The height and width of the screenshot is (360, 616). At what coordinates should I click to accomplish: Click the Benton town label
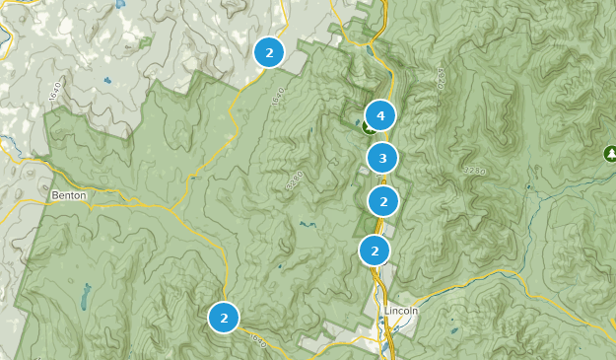click(x=69, y=195)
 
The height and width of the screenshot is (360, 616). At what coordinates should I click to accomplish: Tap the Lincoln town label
click(x=402, y=311)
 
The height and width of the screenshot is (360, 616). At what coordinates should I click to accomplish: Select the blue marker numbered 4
click(x=379, y=115)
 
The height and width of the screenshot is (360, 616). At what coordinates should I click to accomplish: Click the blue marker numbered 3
click(x=382, y=157)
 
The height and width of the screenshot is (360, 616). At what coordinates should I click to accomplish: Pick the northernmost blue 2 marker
click(x=269, y=52)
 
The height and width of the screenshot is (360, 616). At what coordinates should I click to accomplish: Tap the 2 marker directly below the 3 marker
click(x=382, y=201)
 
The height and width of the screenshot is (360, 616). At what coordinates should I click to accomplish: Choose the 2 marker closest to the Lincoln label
click(x=375, y=250)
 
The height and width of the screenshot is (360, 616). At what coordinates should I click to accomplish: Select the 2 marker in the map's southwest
click(x=224, y=318)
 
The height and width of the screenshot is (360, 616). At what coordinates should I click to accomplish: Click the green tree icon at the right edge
click(x=610, y=154)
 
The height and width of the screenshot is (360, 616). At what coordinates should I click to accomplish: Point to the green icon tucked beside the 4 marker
click(x=368, y=126)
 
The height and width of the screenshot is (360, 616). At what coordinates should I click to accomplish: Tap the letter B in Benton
click(x=55, y=195)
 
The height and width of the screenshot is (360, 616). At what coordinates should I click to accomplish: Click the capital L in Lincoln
click(x=388, y=311)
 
